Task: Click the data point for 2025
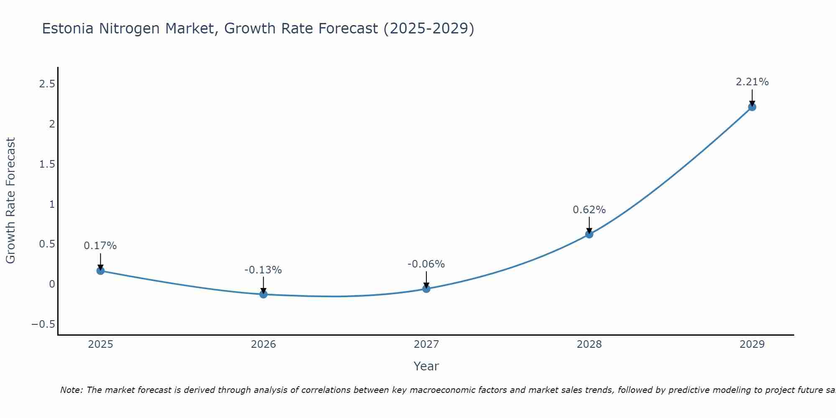tap(100, 270)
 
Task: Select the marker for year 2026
tap(263, 294)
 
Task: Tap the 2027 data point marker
tap(426, 288)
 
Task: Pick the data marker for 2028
tap(589, 234)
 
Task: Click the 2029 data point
tap(752, 107)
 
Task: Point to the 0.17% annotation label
tap(100, 246)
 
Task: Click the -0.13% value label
tap(263, 270)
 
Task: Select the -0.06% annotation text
tap(426, 264)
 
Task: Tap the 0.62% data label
tap(589, 210)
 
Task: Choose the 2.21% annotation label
tap(752, 82)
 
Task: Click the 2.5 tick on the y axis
tap(47, 84)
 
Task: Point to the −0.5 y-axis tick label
tap(43, 324)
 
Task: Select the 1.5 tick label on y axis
tap(47, 164)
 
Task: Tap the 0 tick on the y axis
tap(52, 284)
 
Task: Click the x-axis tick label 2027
tap(426, 344)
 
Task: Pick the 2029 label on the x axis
tap(752, 344)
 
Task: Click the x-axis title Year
tap(426, 366)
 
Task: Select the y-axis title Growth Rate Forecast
tap(11, 201)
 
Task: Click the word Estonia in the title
tap(69, 29)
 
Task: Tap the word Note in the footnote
tap(71, 390)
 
